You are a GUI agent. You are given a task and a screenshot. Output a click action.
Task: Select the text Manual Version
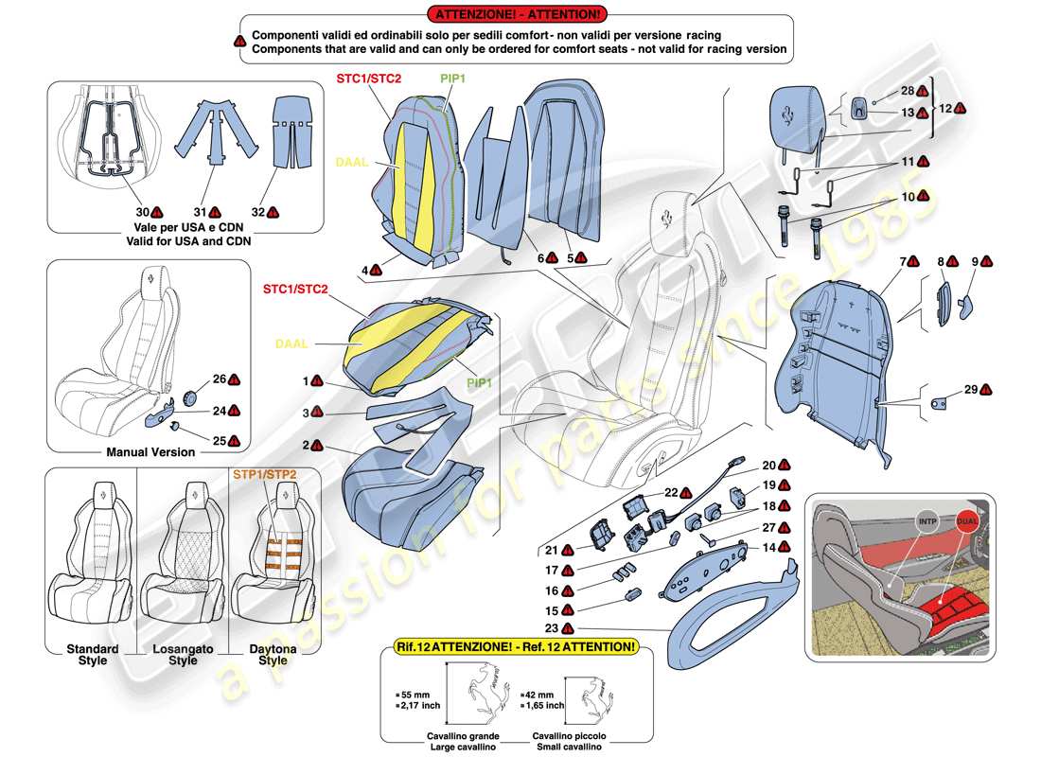(150, 451)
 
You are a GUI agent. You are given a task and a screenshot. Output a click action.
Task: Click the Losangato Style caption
(183, 655)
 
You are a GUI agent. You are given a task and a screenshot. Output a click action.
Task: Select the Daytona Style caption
(273, 655)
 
